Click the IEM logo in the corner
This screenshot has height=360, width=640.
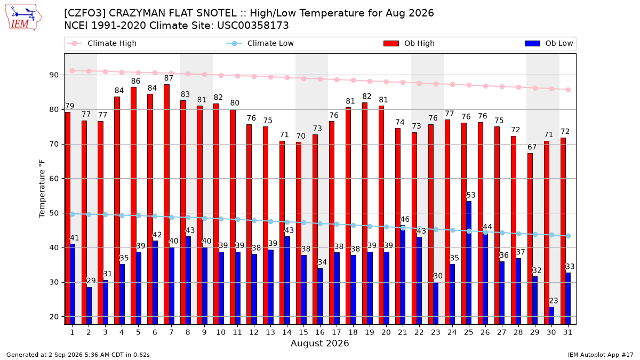tap(23, 18)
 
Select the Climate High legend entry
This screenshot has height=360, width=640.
tap(101, 43)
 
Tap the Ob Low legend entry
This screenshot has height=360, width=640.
tap(549, 43)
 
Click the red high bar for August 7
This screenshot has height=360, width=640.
tap(166, 204)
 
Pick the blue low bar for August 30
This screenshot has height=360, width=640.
tap(551, 315)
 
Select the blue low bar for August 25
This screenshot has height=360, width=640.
tap(469, 263)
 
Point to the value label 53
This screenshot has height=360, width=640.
tap(471, 195)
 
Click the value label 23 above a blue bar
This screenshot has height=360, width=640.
tap(554, 301)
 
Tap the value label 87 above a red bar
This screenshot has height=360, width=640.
tap(169, 78)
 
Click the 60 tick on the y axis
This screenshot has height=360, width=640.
tap(54, 179)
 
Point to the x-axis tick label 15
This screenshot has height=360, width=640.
tap(303, 332)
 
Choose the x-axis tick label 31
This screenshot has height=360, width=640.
tap(567, 332)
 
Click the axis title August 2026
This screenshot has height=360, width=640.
tap(319, 343)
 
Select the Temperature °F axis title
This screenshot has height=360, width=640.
tap(42, 189)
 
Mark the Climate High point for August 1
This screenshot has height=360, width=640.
tap(73, 70)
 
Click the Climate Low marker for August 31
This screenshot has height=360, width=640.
tap(569, 236)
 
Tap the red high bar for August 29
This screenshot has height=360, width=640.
tap(530, 239)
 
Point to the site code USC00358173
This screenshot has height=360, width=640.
tap(253, 26)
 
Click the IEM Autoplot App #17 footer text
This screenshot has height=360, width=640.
tap(601, 355)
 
